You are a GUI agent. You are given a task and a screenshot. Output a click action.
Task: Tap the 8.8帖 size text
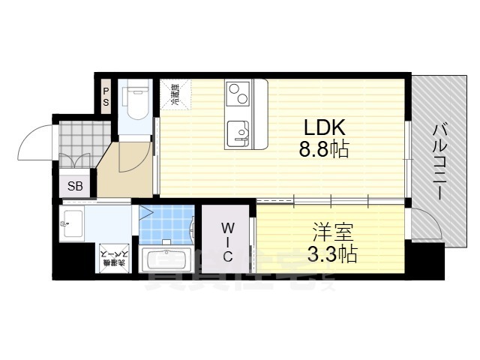pyautogui.click(x=324, y=148)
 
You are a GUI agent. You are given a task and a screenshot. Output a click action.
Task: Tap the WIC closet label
pyautogui.click(x=228, y=241)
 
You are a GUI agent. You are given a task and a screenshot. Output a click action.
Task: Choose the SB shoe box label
pyautogui.click(x=75, y=187)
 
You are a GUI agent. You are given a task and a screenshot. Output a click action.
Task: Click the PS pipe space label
pyautogui.click(x=106, y=96)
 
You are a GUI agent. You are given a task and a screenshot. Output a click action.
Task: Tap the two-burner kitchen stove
pyautogui.click(x=238, y=94)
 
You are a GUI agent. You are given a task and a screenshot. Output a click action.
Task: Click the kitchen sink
pyautogui.click(x=238, y=133)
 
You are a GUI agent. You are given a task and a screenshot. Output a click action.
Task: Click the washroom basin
pyautogui.click(x=73, y=222)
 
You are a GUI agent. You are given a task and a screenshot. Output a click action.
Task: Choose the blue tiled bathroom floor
pyautogui.click(x=166, y=223)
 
